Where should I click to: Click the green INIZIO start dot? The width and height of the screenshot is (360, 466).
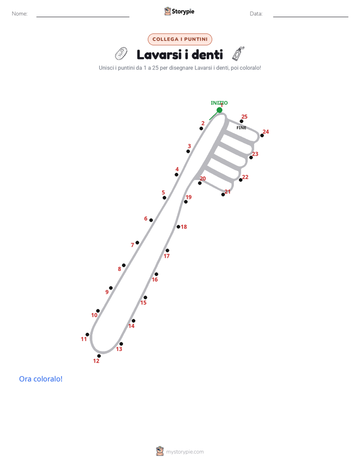coord(219,110)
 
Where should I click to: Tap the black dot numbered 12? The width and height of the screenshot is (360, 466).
coord(99,356)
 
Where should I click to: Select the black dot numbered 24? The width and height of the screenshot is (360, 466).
coord(262,136)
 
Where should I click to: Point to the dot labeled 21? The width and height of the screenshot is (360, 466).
coord(223,194)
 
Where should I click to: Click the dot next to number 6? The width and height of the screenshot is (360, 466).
coord(151,220)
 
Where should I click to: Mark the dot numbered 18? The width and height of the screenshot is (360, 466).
coord(178,227)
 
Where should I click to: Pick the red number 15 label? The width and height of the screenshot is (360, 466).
coord(144,303)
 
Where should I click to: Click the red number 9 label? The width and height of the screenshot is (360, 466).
coord(107,292)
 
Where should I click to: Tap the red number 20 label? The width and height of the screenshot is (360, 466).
coord(203,179)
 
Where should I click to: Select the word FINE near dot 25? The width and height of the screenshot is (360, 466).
coord(241,128)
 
